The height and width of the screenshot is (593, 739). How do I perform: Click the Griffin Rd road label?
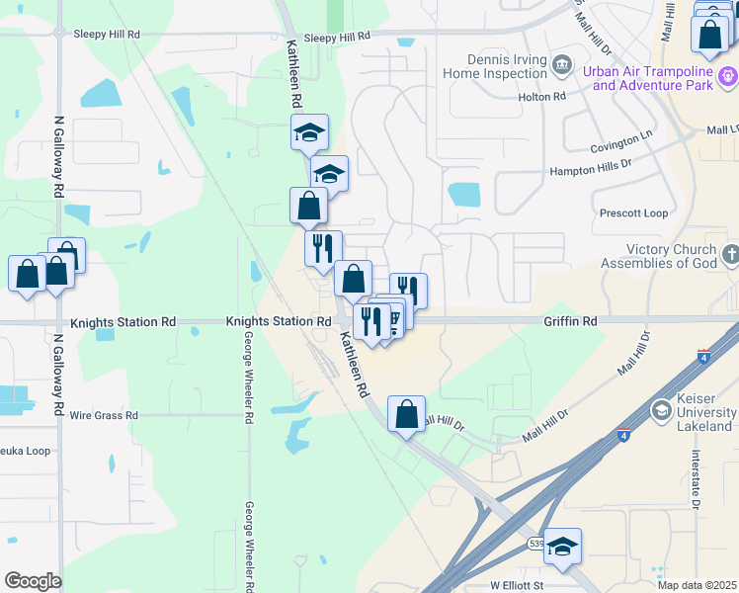click(570, 322)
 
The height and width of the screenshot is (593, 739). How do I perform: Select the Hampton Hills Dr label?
click(590, 168)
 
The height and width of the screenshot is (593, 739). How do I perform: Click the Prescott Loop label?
click(633, 213)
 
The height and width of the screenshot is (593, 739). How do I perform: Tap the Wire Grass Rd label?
click(104, 416)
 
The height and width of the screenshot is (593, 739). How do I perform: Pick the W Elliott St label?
click(517, 586)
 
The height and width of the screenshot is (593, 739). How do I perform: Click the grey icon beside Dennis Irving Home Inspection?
click(562, 66)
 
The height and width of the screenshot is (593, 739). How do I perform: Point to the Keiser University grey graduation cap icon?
click(661, 410)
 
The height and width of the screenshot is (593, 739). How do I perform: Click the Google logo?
click(33, 581)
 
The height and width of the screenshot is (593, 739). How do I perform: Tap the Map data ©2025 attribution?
click(696, 585)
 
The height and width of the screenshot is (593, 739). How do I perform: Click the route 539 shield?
click(535, 544)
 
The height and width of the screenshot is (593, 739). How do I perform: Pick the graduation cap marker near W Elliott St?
click(562, 547)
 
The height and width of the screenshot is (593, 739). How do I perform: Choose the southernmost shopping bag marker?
click(406, 414)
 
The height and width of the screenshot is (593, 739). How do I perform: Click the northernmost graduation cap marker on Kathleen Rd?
click(309, 132)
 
